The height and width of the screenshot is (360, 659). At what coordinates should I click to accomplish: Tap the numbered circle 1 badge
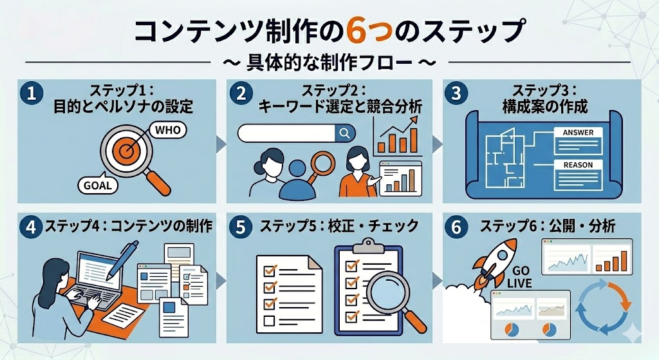coord(32,93)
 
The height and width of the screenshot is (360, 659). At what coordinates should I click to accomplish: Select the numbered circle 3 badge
coord(456,93)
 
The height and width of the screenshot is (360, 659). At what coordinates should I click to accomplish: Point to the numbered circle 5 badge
coord(241,227)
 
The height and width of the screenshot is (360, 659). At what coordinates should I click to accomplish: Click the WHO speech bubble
coord(167,130)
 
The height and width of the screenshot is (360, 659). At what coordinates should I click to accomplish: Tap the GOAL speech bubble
coord(98,185)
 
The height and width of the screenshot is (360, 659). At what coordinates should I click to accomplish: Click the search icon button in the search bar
coord(345,133)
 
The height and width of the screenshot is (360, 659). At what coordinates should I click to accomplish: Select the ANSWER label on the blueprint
coord(579,133)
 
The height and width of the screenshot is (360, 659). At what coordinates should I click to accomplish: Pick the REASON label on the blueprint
coord(579,166)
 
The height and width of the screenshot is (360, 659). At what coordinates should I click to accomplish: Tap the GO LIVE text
coord(520,277)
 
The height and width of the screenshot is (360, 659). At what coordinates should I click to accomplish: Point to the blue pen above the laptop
coord(123,260)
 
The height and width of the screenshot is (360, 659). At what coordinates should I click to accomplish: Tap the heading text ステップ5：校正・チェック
coord(339,226)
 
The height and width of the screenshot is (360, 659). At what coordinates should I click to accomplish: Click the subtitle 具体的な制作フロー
coord(329,62)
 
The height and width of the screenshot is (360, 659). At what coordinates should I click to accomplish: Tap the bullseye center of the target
coord(125,151)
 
